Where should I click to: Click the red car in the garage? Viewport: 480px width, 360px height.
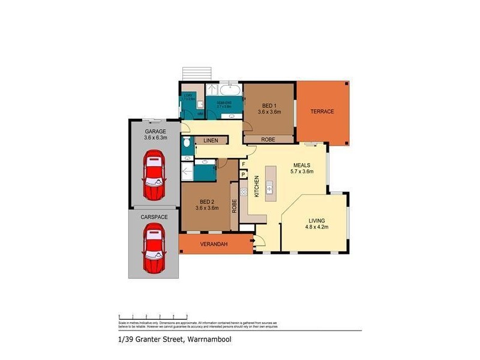click(154, 175)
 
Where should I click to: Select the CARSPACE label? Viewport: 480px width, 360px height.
click(154, 216)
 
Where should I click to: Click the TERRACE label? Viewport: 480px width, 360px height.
click(322, 112)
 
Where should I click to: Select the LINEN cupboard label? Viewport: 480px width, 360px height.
click(210, 141)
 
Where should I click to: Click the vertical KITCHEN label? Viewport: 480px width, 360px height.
click(256, 187)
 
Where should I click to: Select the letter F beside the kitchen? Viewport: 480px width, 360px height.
click(244, 164)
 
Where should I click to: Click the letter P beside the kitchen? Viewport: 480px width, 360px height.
click(244, 175)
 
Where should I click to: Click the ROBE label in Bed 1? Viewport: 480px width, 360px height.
click(268, 139)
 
